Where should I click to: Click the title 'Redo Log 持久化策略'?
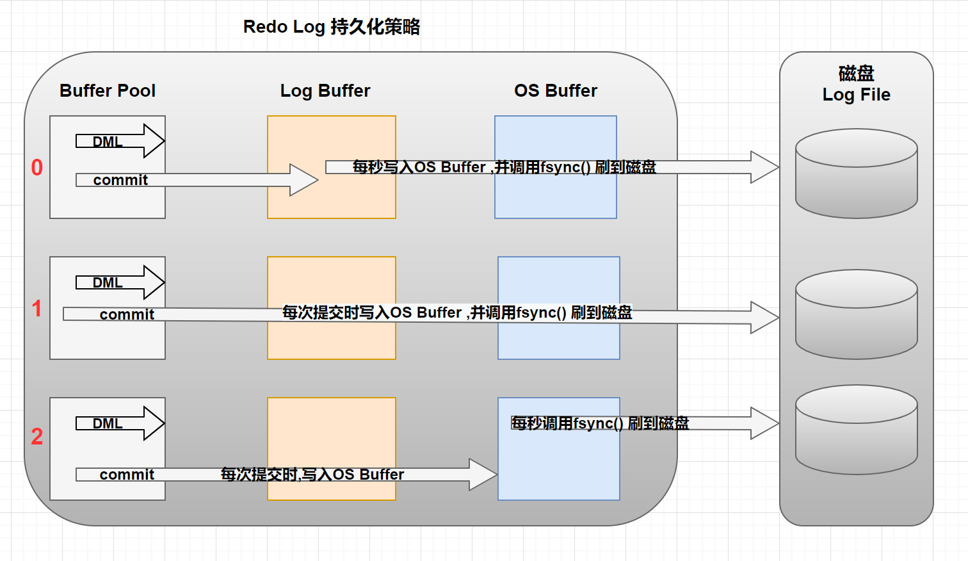coord(331,27)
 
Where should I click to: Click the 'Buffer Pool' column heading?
coord(108,91)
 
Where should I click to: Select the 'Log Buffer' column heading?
coord(325,91)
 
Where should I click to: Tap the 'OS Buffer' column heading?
coord(556,91)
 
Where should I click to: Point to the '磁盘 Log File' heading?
coord(856,84)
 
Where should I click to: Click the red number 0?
coord(37,168)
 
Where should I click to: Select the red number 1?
coord(37,309)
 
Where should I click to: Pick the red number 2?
coord(37,437)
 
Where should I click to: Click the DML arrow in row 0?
coord(120,142)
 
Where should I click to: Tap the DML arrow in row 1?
coord(120,282)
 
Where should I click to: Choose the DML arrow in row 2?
coord(120,423)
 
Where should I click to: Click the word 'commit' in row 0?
coord(120,181)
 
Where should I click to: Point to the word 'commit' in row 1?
coord(127,314)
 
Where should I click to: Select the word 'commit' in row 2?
coord(127,475)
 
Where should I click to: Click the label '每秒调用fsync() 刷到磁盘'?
coord(600,423)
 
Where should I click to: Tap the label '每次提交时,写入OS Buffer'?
coord(312,475)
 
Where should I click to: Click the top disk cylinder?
coord(856,174)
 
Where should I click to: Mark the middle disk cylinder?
coord(856,315)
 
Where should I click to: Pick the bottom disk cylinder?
coord(856,430)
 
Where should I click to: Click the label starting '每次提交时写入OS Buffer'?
coord(457,313)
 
